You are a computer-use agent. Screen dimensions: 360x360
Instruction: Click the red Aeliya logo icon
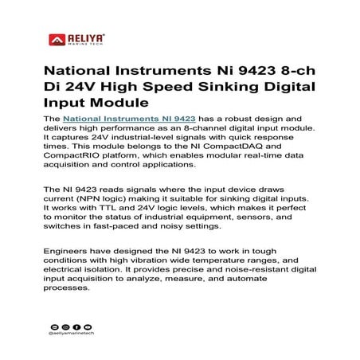57,38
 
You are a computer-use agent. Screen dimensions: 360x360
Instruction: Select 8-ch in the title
276,68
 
